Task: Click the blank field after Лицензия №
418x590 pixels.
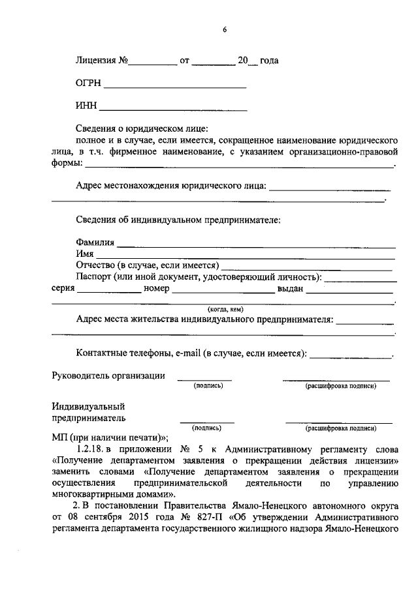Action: point(153,63)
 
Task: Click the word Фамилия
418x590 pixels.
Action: point(95,243)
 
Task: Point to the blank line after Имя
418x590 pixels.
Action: point(246,255)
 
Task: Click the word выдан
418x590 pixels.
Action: point(291,289)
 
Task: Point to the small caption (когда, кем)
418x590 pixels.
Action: point(225,308)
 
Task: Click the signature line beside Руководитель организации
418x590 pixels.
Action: point(204,379)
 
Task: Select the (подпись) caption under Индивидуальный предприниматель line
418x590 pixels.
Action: point(206,428)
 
